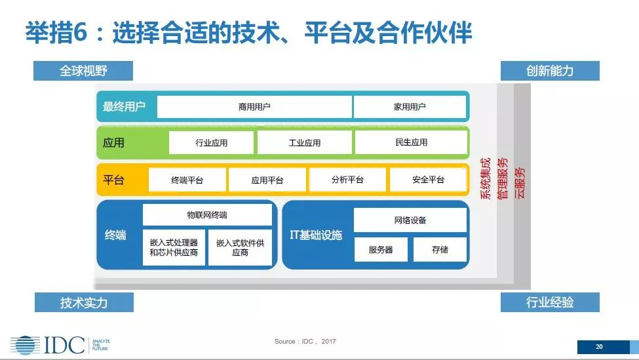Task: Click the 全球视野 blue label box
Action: [x=83, y=71]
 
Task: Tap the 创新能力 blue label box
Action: [x=550, y=71]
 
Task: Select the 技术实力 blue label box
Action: [x=84, y=302]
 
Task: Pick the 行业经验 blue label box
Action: [x=550, y=302]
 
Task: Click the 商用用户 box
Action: [x=254, y=107]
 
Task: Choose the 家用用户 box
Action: [x=410, y=107]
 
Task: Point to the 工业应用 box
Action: [x=304, y=143]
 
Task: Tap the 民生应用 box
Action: [x=411, y=142]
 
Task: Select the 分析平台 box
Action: [x=347, y=180]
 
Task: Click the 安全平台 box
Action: [x=428, y=180]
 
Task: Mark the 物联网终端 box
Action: [x=207, y=215]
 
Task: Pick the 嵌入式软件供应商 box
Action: [x=240, y=247]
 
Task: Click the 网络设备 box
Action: [x=410, y=220]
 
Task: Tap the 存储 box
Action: [x=440, y=250]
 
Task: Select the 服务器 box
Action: [x=381, y=250]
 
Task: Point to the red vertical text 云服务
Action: [x=520, y=183]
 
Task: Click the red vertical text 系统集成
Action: [x=486, y=178]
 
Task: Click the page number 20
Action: [x=599, y=346]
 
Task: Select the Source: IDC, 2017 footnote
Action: [x=305, y=341]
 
